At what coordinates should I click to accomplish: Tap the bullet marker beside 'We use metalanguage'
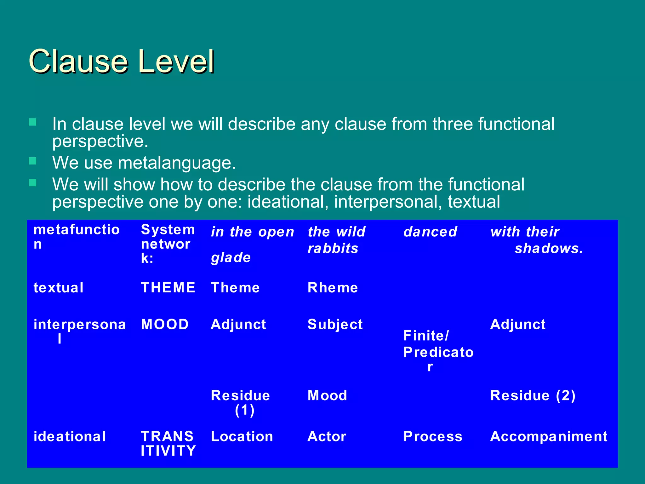click(x=32, y=161)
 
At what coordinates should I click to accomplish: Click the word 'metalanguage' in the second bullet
click(x=177, y=163)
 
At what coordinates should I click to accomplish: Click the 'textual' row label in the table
click(x=59, y=288)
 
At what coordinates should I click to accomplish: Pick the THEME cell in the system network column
click(x=168, y=288)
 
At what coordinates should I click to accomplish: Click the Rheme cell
click(x=333, y=288)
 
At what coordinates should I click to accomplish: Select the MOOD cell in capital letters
click(x=165, y=324)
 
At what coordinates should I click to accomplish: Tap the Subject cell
click(x=335, y=325)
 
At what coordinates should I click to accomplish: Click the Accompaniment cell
click(x=549, y=436)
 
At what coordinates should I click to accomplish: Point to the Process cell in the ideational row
click(x=433, y=436)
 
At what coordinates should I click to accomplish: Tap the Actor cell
click(x=327, y=436)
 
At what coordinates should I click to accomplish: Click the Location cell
click(x=242, y=436)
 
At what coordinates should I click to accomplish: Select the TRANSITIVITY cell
click(x=168, y=443)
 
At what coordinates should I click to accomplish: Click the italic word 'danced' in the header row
click(x=430, y=232)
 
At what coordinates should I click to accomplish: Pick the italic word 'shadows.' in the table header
click(x=549, y=249)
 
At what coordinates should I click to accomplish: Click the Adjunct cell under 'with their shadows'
click(x=518, y=324)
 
